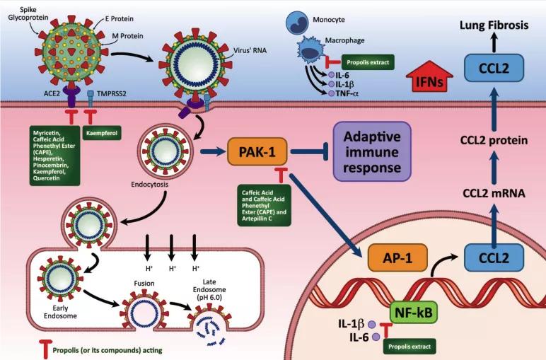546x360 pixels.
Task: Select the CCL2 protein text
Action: [494, 140]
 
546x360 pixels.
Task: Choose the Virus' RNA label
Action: [248, 52]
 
